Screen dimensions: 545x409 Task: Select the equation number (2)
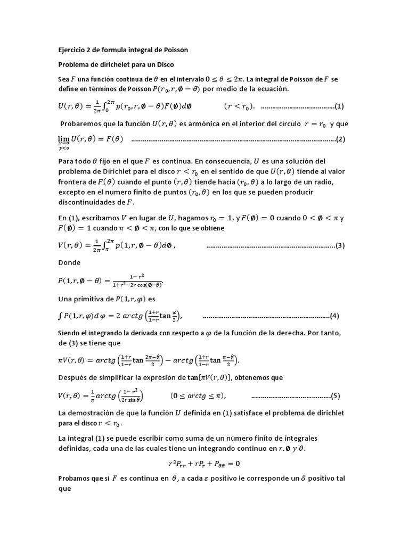click(x=341, y=139)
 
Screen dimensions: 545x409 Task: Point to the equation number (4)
click(x=335, y=316)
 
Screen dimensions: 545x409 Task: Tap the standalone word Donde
click(x=69, y=262)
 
